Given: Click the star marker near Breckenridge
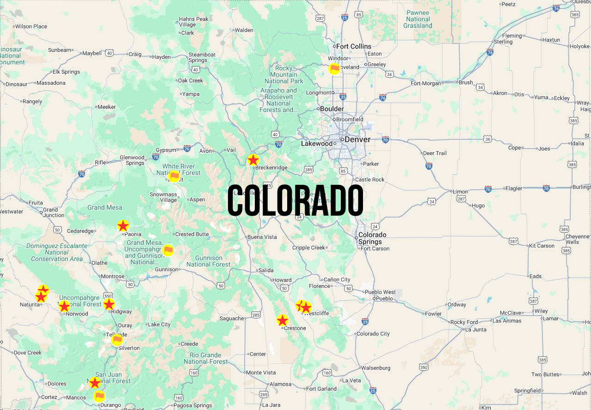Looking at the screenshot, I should click(x=253, y=160).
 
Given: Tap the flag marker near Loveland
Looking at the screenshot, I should click(x=334, y=69).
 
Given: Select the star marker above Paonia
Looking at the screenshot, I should click(x=123, y=226).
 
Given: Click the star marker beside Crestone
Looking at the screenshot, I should click(x=283, y=320).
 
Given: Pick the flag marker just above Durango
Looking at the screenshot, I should click(x=99, y=396).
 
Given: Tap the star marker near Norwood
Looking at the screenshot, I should click(x=64, y=306).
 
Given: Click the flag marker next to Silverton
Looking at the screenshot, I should click(x=117, y=340).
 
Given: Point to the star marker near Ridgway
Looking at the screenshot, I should click(x=109, y=304).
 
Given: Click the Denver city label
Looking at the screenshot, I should click(x=357, y=139).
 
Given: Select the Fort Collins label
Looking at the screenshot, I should click(x=354, y=46).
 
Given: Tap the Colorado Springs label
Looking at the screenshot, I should click(x=372, y=238).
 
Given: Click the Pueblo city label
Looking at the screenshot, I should click(x=384, y=298).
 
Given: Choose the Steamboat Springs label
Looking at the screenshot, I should click(x=202, y=57).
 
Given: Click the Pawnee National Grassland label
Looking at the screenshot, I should click(x=418, y=19).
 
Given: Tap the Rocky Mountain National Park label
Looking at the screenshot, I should click(x=284, y=75).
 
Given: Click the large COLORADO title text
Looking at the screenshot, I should click(x=295, y=201).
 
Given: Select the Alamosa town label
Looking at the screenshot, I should click(x=281, y=384).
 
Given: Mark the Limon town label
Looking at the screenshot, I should click(x=460, y=192).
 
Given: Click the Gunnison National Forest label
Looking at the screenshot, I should click(x=209, y=261).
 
